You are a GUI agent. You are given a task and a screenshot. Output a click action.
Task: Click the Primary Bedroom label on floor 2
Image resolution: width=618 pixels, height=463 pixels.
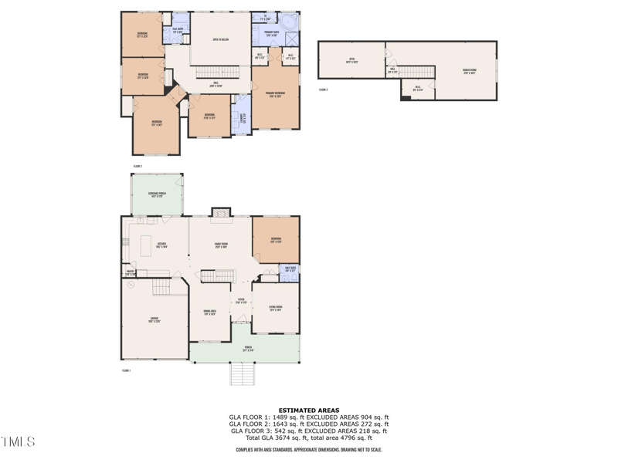(x=276, y=94)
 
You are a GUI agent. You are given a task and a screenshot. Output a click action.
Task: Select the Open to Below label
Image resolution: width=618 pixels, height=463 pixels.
(x=220, y=39)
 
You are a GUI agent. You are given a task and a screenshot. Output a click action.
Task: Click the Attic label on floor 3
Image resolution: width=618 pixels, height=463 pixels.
(x=351, y=60)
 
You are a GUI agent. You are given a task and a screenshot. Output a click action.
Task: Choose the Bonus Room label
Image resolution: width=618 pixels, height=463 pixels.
(x=469, y=70)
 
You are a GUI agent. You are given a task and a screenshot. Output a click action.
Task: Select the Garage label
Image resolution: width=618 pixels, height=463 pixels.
(x=154, y=319)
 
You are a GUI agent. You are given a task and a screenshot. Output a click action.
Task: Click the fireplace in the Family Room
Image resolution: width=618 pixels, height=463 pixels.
(x=221, y=211)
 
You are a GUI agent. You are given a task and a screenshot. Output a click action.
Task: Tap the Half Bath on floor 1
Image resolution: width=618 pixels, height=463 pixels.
(x=290, y=270)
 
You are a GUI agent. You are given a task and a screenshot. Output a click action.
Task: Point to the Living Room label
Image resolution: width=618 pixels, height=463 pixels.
(x=275, y=308)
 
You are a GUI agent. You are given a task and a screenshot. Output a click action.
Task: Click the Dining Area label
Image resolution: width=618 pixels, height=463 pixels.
(x=209, y=313)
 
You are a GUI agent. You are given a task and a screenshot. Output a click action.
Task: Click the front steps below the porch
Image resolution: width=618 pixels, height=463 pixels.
(x=243, y=374)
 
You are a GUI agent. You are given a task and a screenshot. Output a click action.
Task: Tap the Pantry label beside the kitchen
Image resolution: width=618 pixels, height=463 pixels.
(x=131, y=272)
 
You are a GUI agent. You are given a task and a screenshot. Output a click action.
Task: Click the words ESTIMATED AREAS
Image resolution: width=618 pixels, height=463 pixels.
(x=308, y=411)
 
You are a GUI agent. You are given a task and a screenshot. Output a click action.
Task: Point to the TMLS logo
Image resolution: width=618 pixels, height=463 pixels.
(x=18, y=442)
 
